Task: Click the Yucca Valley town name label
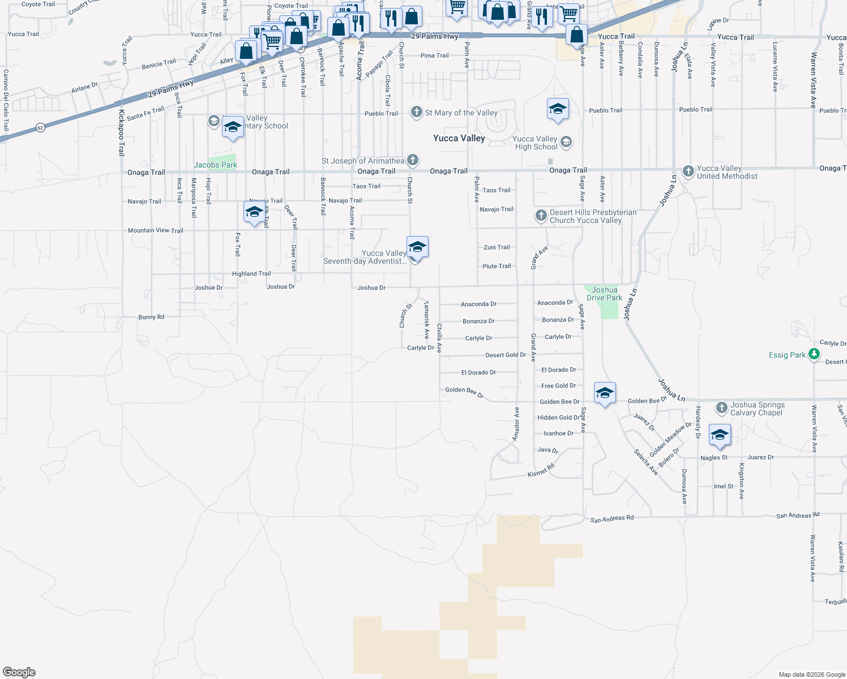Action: pyautogui.click(x=459, y=138)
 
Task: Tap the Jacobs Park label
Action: pyautogui.click(x=215, y=165)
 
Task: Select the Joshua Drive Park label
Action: pyautogui.click(x=604, y=294)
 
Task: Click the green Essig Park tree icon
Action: pyautogui.click(x=814, y=355)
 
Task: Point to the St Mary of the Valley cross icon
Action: pyautogui.click(x=417, y=112)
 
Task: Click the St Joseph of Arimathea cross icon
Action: pyautogui.click(x=413, y=161)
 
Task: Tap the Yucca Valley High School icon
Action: pyautogui.click(x=566, y=142)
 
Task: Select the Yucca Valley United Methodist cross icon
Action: pyautogui.click(x=688, y=171)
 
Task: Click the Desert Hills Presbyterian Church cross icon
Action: pyautogui.click(x=541, y=216)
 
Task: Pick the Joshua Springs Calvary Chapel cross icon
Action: pyautogui.click(x=721, y=407)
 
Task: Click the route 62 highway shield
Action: pyautogui.click(x=40, y=128)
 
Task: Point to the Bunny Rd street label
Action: pyautogui.click(x=151, y=317)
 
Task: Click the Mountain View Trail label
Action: pyautogui.click(x=155, y=230)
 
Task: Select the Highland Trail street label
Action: pyautogui.click(x=251, y=274)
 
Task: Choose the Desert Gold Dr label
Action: pyautogui.click(x=506, y=355)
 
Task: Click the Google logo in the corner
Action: pyautogui.click(x=19, y=672)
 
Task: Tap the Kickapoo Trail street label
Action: pyautogui.click(x=121, y=133)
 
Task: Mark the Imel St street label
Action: pyautogui.click(x=723, y=487)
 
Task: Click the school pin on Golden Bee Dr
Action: pyautogui.click(x=605, y=393)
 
